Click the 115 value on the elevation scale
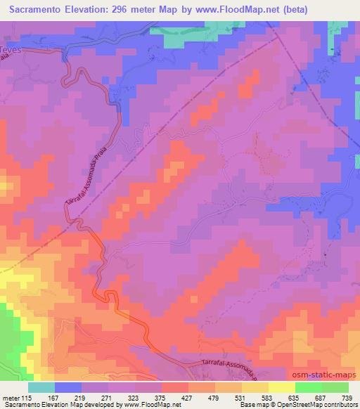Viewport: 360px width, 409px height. pos(27,398)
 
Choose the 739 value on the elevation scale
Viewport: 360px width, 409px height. pos(348,398)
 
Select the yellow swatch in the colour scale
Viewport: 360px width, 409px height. pos(281,387)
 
